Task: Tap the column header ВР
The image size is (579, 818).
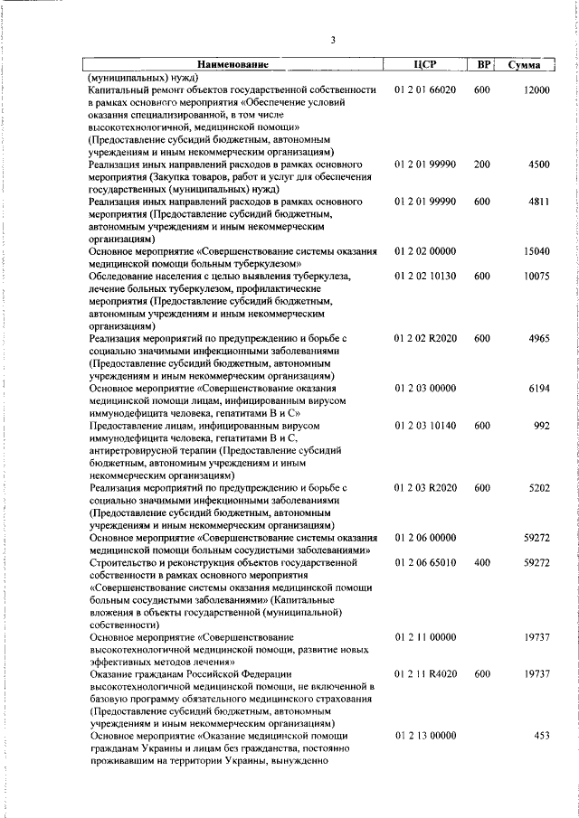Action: click(x=485, y=65)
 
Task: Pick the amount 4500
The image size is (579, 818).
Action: click(x=539, y=165)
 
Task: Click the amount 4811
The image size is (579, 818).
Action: click(x=539, y=203)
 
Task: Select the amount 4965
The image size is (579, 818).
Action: click(x=539, y=338)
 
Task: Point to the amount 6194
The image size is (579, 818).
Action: click(x=539, y=388)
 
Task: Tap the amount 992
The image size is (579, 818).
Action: click(x=542, y=425)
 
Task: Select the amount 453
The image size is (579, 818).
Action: click(x=542, y=737)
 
